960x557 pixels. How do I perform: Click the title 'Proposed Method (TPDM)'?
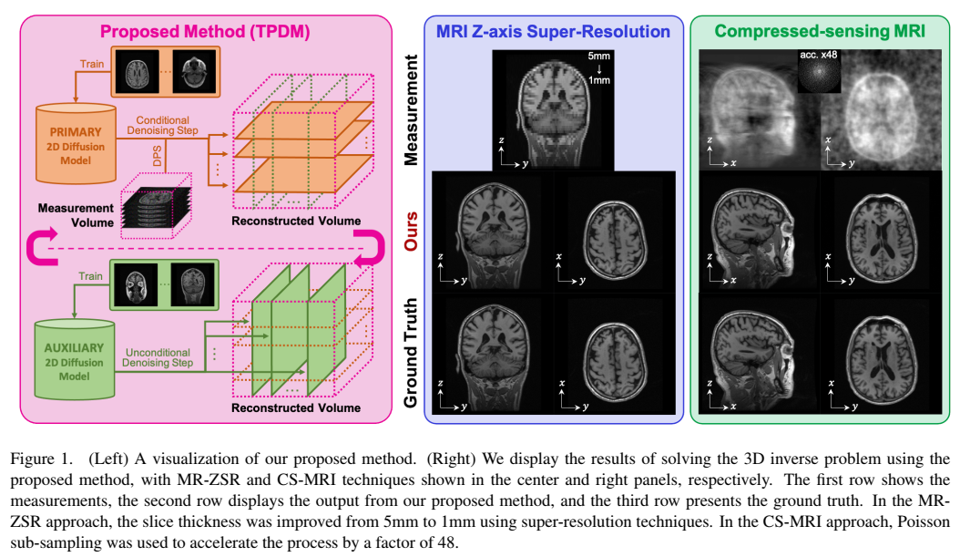point(205,31)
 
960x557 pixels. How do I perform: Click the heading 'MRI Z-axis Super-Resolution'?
point(554,32)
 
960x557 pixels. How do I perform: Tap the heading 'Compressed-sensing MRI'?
point(820,32)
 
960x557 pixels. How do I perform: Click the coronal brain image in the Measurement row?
point(552,110)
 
